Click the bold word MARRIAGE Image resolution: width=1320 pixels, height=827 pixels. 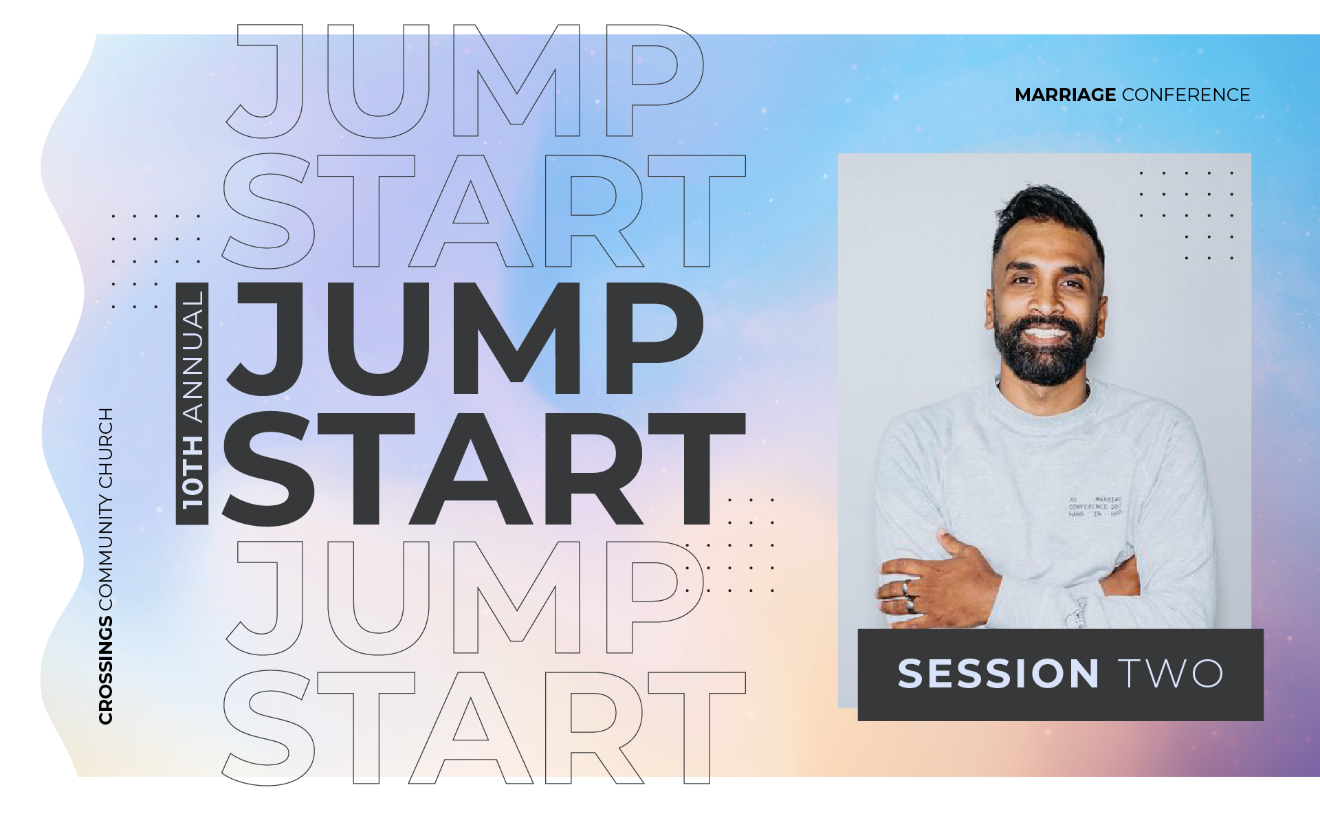click(x=1065, y=95)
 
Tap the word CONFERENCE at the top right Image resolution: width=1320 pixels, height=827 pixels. click(x=1186, y=95)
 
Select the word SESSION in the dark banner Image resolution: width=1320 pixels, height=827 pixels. click(x=998, y=674)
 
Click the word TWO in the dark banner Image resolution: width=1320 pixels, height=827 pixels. click(x=1171, y=674)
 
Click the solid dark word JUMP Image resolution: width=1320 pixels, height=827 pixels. click(x=464, y=338)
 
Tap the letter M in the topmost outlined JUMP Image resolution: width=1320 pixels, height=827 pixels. click(x=516, y=81)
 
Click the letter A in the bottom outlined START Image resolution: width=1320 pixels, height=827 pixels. click(x=471, y=729)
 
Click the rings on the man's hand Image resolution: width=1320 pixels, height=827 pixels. click(x=908, y=595)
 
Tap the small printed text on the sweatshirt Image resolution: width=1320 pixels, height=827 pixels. click(x=1094, y=507)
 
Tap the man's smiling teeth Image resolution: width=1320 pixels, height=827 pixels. click(x=1044, y=334)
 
